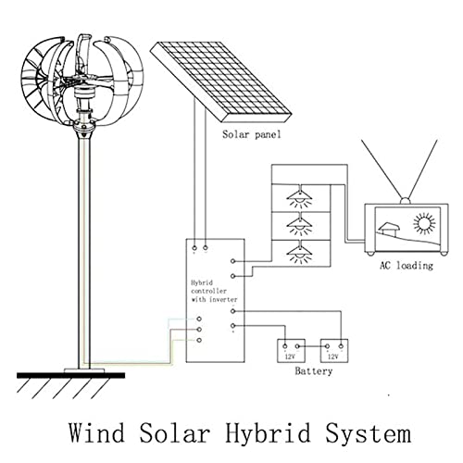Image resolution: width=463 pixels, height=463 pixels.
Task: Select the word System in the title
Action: (364, 432)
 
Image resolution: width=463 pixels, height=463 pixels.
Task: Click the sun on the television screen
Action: (424, 225)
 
